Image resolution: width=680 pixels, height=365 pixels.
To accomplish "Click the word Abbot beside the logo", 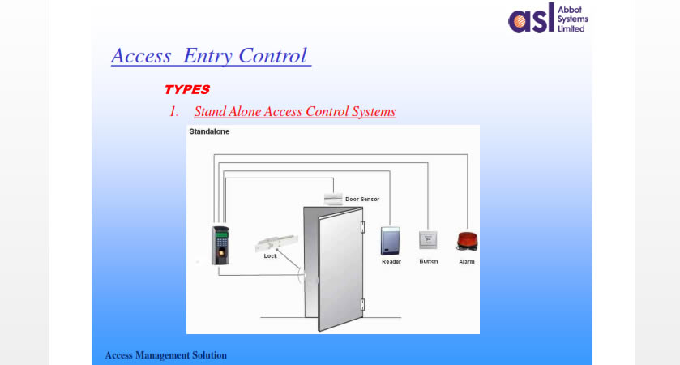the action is coord(570,10).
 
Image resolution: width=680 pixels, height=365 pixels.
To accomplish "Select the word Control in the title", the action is coord(273,55).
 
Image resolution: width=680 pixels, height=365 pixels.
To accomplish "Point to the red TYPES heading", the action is coord(187,89).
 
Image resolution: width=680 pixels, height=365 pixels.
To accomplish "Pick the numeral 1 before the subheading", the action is coord(173,112).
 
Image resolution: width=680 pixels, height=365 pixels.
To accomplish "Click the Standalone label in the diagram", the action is coord(209,131).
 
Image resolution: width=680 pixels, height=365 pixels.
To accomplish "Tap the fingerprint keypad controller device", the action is coord(220,245).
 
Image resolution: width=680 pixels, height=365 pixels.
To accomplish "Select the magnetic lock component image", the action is coord(276,243).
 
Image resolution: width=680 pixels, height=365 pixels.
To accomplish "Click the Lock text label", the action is coord(270,256).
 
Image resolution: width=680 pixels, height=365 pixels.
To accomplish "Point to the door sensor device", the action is coord(333,199).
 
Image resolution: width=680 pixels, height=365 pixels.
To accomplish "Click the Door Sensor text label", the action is coord(362,200).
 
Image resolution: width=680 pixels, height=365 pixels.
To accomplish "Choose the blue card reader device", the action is coord(391,241).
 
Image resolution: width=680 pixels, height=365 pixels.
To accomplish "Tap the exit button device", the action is coord(428,240).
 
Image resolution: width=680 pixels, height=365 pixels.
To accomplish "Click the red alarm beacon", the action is coord(467,242).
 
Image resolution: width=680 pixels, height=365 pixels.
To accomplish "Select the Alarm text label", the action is coord(467,262).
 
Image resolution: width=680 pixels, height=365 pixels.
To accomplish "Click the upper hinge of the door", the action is coord(362,227).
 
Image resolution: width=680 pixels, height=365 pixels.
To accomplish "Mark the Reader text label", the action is coord(391,262).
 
